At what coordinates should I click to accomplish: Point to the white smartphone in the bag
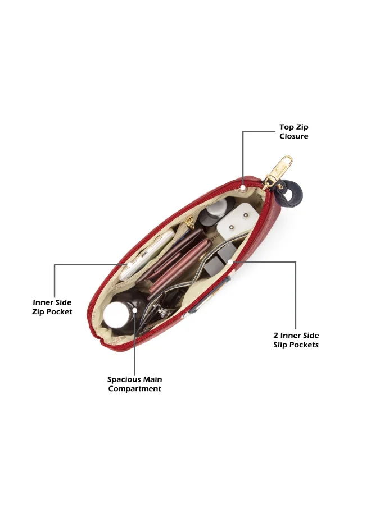tap(146, 254)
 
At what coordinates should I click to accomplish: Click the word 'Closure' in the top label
tap(293, 136)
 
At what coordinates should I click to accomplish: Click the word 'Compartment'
tap(134, 389)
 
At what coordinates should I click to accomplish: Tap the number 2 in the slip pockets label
tap(276, 336)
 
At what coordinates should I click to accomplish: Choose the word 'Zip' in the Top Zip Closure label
tap(302, 127)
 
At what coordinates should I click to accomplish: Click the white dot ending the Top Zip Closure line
tap(243, 187)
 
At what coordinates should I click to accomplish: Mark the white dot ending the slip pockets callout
tap(230, 261)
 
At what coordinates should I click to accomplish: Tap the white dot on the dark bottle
tap(135, 310)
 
